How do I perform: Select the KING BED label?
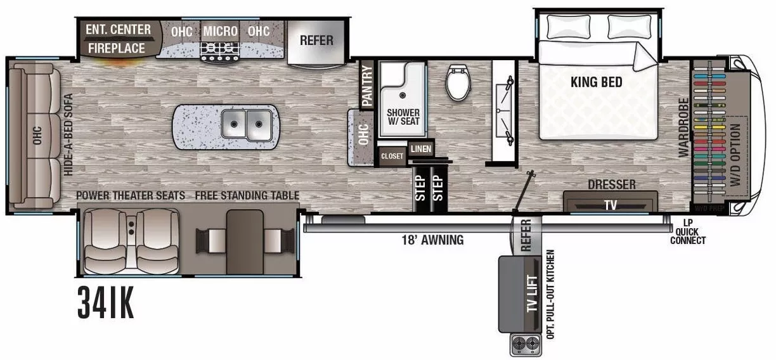coord(596,82)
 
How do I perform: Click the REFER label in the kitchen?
coord(316,40)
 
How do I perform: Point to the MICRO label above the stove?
coord(220,31)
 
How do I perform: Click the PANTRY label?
coord(366,85)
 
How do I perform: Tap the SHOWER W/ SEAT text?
coord(403,117)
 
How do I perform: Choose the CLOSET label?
coord(392,156)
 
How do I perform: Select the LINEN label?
coord(420,149)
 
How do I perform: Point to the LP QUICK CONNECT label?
coord(687,231)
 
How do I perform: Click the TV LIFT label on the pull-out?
coord(533,295)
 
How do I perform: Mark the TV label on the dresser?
coord(609,205)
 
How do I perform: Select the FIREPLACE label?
coord(116,48)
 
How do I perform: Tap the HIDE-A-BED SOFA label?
coord(68,134)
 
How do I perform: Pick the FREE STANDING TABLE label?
coord(247,195)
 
